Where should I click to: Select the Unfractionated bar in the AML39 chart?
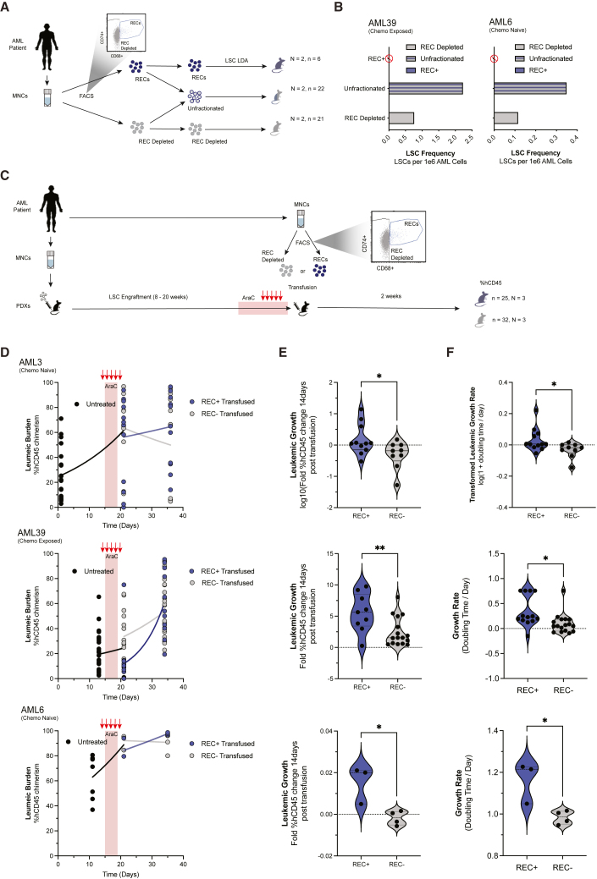click(x=425, y=88)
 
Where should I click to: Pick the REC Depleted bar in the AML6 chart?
click(x=505, y=118)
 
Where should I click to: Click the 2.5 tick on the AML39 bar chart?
click(x=477, y=136)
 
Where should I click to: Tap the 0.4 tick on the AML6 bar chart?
click(x=575, y=136)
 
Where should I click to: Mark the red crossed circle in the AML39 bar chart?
click(x=390, y=58)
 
